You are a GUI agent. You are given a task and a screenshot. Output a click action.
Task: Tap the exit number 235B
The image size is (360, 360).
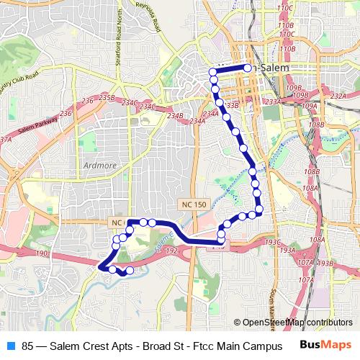tap(107, 96)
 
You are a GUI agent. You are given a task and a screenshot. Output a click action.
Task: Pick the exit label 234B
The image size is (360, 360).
tap(174, 115)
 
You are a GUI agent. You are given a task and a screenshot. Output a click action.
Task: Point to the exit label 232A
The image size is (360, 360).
tap(338, 96)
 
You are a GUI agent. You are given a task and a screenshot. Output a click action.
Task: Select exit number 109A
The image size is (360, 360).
tap(310, 106)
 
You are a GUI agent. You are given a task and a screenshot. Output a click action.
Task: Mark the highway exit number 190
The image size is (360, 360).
tap(41, 253)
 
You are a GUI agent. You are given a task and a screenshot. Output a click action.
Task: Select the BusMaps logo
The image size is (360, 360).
tap(325, 345)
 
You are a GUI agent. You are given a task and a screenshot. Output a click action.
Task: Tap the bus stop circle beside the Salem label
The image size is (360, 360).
tap(247, 68)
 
